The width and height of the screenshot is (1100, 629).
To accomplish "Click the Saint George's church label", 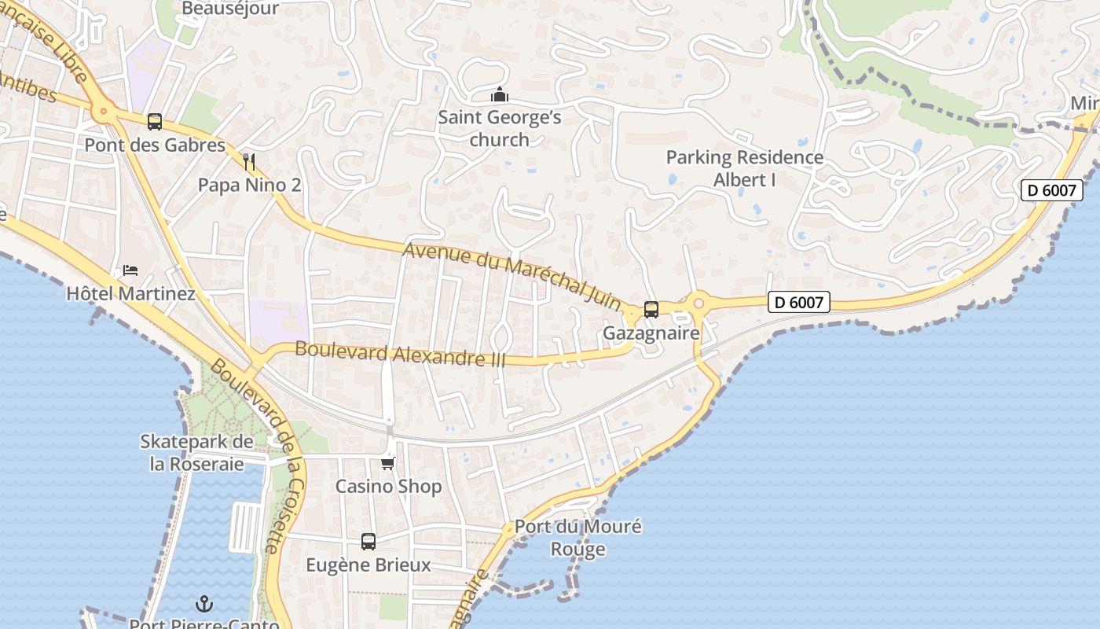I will point(500,129).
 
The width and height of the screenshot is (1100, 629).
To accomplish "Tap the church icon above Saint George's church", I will point(500,95).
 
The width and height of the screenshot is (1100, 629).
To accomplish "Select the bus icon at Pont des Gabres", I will point(155,122).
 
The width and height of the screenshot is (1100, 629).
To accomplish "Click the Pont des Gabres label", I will point(155,145).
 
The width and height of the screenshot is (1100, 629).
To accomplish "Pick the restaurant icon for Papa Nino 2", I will point(249,162).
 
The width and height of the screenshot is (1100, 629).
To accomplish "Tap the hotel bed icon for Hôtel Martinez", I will point(130,270).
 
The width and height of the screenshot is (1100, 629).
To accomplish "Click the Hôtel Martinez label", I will point(130,294).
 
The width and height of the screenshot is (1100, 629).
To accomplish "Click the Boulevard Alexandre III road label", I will point(400,353).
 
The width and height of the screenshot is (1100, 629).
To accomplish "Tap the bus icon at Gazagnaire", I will point(651,310).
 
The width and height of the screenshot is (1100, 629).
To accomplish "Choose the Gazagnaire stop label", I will point(651,333).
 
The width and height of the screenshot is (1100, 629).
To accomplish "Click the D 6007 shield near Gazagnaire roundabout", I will point(798,302).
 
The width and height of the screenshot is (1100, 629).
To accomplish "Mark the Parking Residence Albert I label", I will point(745,168).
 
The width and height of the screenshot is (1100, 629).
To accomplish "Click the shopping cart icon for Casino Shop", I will point(388,462).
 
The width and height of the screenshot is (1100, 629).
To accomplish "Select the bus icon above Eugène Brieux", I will point(368,541).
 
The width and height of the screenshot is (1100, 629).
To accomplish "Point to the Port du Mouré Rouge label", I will point(578,538).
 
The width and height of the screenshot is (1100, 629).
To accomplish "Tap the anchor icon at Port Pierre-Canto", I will point(204,604).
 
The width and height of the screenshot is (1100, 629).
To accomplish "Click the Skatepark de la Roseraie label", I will point(196,453).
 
